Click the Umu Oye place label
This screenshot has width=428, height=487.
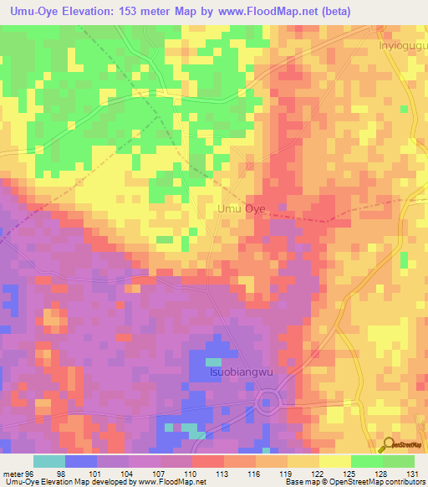(x=241, y=209)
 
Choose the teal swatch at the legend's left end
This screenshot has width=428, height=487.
(x=48, y=461)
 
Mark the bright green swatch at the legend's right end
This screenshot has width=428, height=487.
(x=398, y=461)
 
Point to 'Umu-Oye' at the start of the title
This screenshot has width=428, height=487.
(x=30, y=11)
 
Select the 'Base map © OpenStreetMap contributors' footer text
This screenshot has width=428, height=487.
(x=354, y=483)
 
